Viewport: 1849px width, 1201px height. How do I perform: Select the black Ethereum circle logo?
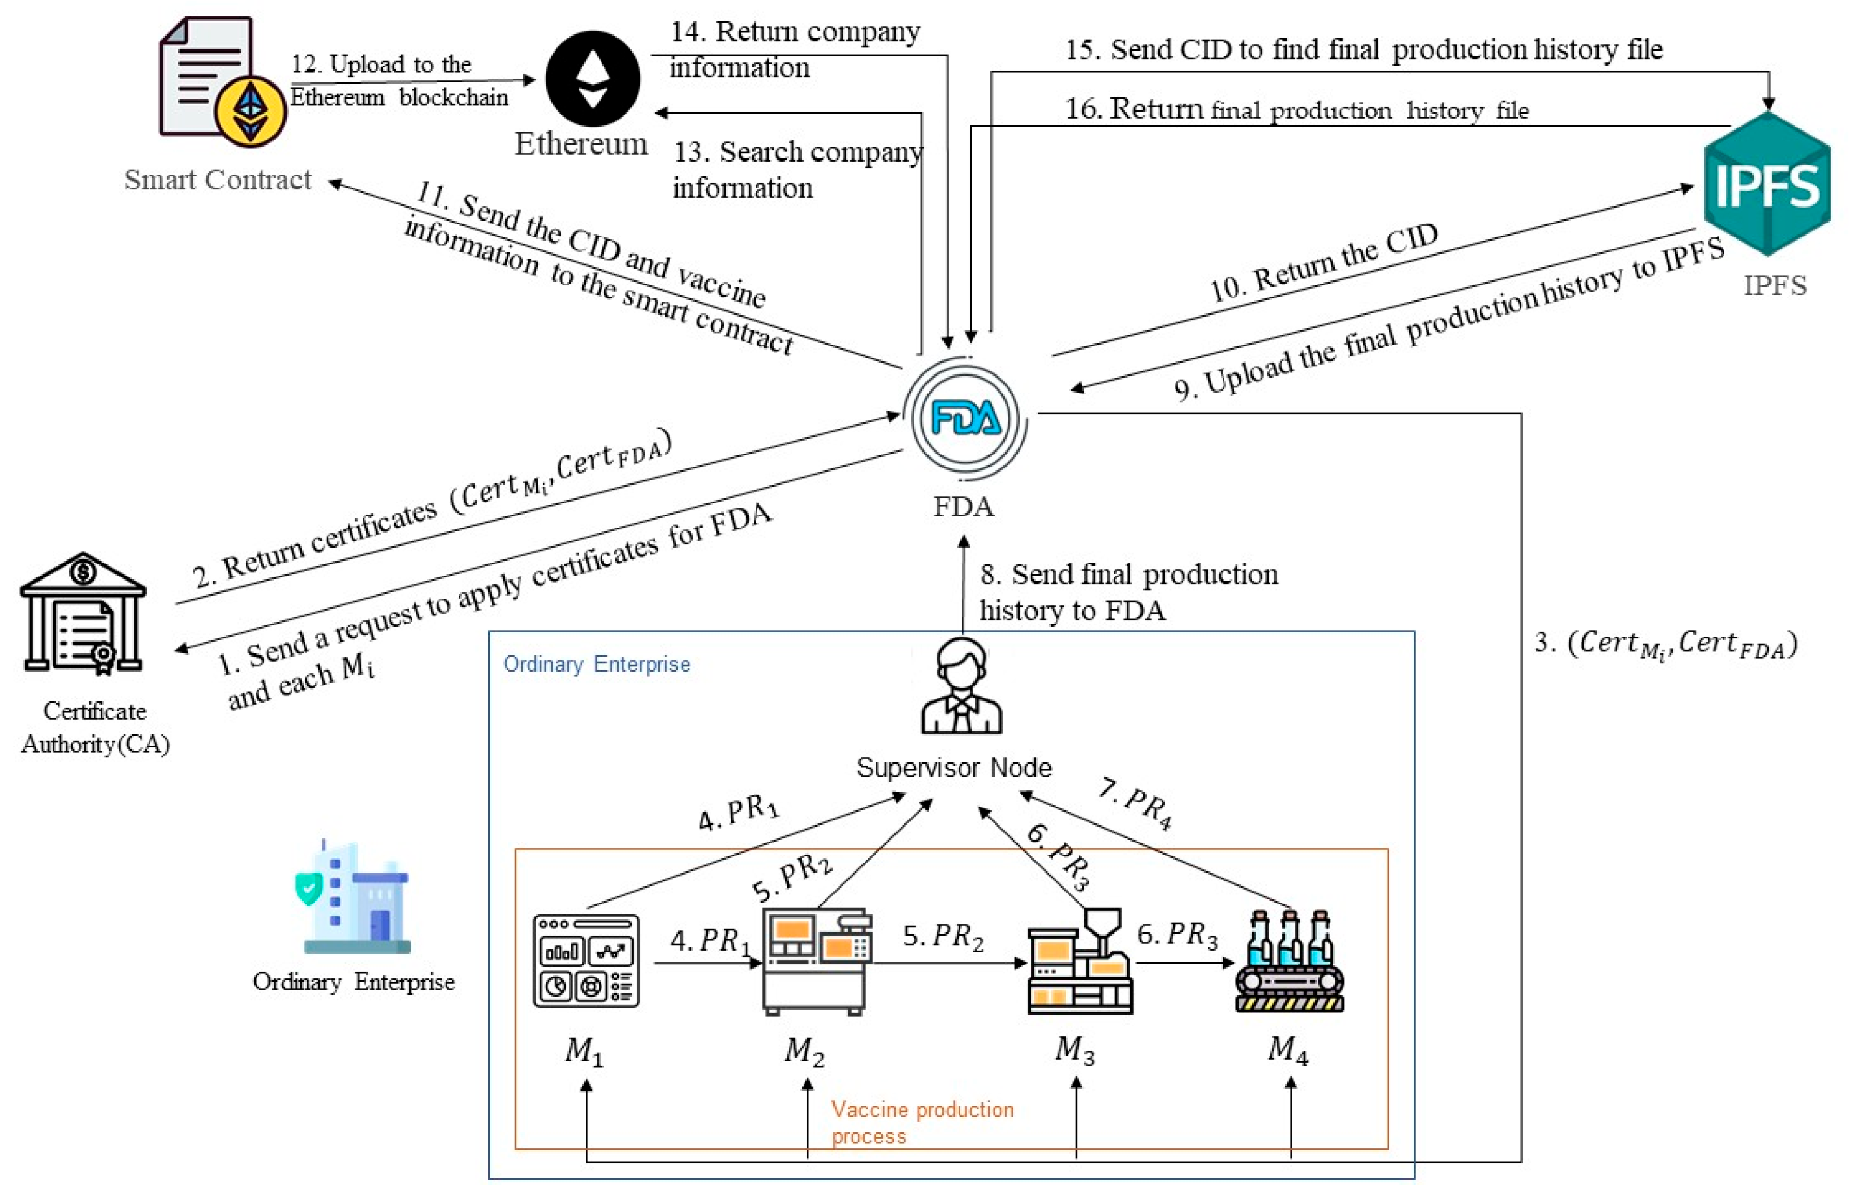(593, 79)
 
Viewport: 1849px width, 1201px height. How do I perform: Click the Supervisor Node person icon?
(962, 686)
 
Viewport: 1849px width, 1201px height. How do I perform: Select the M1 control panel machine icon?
(586, 961)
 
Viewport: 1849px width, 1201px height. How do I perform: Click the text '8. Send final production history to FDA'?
(1127, 592)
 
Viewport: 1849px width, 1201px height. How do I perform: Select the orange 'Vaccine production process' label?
(922, 1122)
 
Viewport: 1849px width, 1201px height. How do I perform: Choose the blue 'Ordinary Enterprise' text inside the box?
(597, 664)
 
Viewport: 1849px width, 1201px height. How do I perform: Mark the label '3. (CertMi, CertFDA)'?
(1665, 644)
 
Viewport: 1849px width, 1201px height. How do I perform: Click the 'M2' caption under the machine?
(804, 1051)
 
